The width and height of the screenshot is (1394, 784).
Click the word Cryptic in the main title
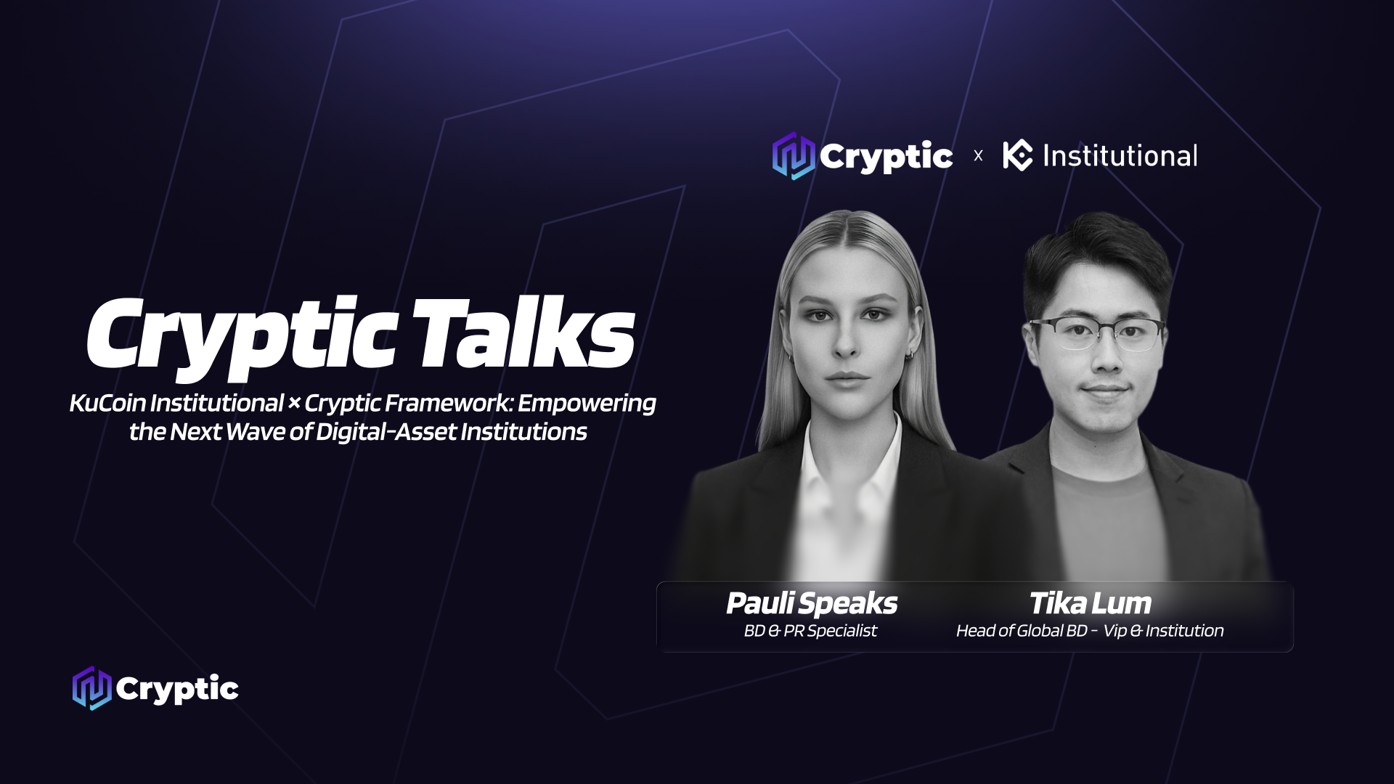click(242, 338)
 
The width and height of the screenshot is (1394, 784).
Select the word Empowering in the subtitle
click(587, 404)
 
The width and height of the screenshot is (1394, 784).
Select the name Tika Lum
click(1090, 603)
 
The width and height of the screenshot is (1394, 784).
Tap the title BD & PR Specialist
click(810, 631)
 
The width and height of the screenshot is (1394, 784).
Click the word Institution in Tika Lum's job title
click(1184, 631)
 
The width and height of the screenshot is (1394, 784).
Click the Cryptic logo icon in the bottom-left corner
click(91, 688)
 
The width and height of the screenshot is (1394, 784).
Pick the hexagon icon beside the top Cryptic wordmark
click(794, 155)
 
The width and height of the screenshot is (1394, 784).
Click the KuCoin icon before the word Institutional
click(1017, 155)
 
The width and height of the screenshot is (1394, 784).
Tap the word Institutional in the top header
click(1120, 156)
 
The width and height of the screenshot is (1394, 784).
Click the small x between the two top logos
click(978, 155)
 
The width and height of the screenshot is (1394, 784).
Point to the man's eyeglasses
click(1097, 334)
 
